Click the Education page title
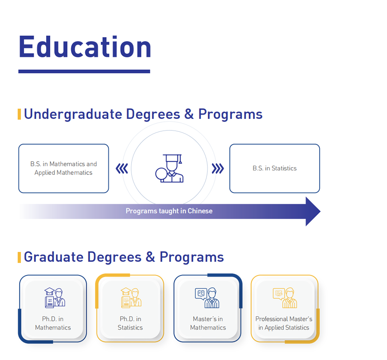(85, 47)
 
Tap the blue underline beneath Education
(84, 71)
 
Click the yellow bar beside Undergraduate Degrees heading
(19, 114)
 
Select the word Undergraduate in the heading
(73, 115)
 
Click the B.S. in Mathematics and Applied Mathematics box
(64, 168)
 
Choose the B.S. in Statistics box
(275, 168)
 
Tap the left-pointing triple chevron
(122, 169)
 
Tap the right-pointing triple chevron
(218, 169)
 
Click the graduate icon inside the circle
(170, 168)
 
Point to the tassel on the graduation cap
(181, 159)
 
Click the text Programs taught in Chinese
(169, 211)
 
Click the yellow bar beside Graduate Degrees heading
(19, 257)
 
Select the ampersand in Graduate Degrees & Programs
(150, 257)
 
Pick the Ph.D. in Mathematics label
(53, 323)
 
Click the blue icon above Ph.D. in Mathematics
(55, 298)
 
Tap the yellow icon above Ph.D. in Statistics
(131, 298)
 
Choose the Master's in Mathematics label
(208, 323)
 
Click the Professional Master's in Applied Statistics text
(284, 323)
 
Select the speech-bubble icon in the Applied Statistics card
(278, 294)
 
